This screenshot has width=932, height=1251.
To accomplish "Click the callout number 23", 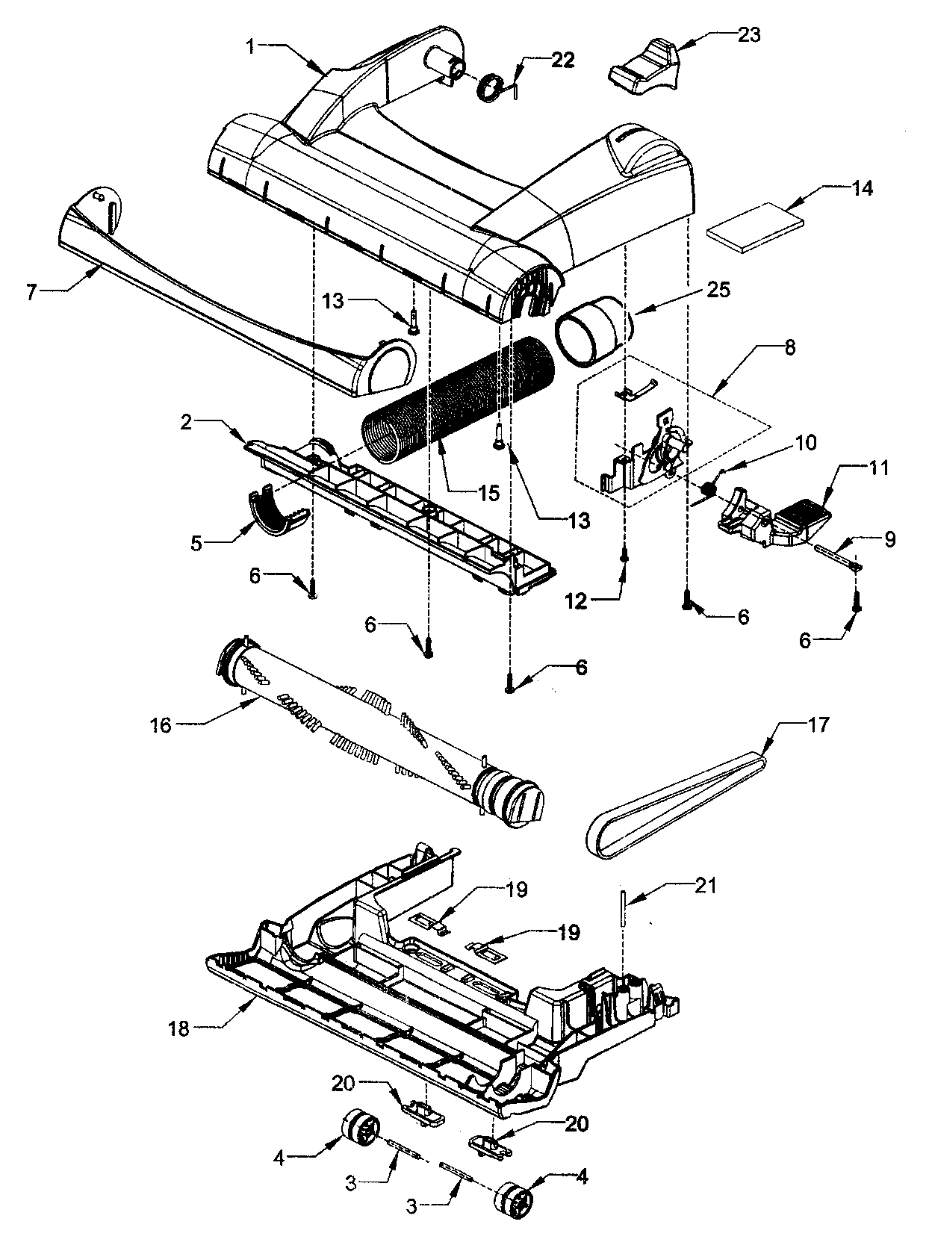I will click(x=748, y=35).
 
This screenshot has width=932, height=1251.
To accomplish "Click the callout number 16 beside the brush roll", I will click(x=161, y=724).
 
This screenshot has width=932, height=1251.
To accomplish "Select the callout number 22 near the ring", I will click(x=563, y=60).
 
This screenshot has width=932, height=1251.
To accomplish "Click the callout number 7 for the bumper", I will click(x=31, y=292).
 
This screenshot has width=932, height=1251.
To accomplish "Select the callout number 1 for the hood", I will click(x=251, y=46).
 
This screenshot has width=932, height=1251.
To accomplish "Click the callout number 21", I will click(x=705, y=886).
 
